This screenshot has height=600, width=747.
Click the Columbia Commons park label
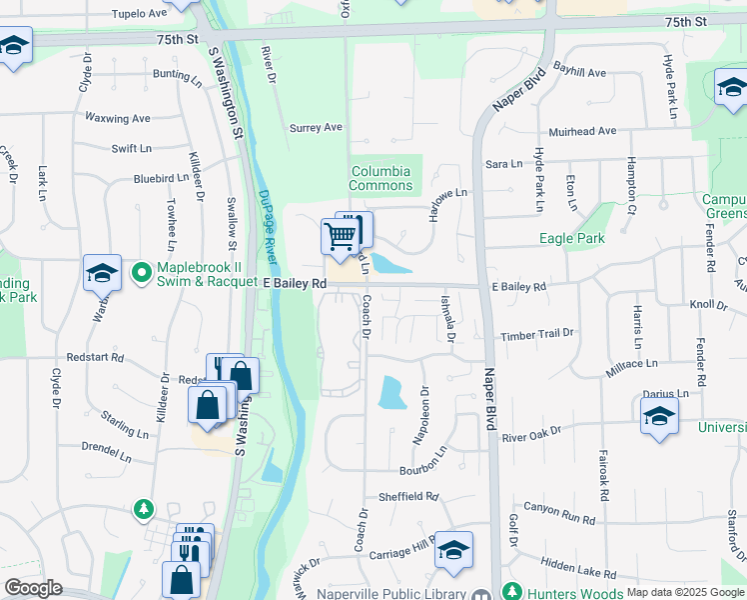tap(380, 178)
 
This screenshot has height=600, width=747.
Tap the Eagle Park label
tap(571, 238)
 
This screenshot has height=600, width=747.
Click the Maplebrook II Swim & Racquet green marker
tap(141, 271)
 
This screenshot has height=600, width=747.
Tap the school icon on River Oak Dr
tap(659, 417)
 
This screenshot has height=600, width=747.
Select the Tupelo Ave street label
tap(139, 14)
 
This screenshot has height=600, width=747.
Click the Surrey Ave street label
tap(316, 128)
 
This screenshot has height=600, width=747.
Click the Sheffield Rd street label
tap(408, 496)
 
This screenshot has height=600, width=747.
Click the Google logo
tap(33, 588)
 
